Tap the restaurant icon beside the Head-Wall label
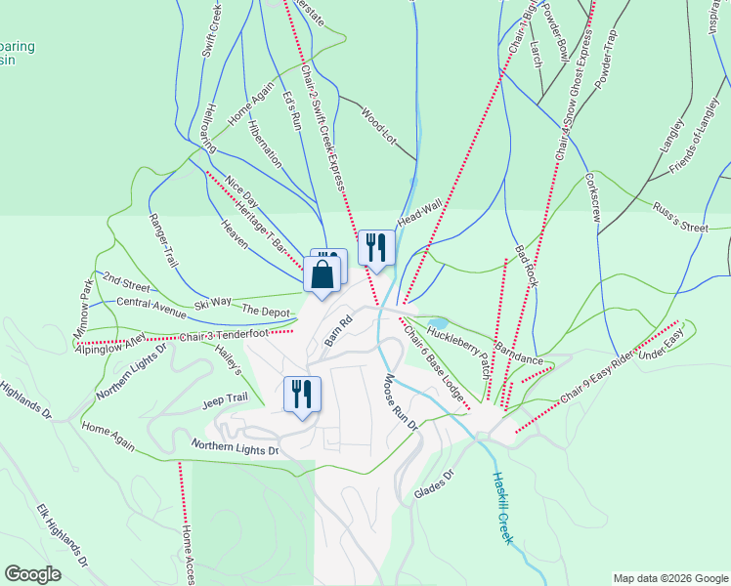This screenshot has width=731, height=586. (376, 247)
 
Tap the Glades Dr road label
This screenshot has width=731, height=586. (435, 484)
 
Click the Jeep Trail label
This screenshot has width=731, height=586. (225, 399)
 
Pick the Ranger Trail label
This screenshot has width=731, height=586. (163, 241)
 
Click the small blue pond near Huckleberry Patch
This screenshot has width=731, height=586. (438, 323)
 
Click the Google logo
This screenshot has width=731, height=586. (33, 574)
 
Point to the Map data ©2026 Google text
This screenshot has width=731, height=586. (669, 577)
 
